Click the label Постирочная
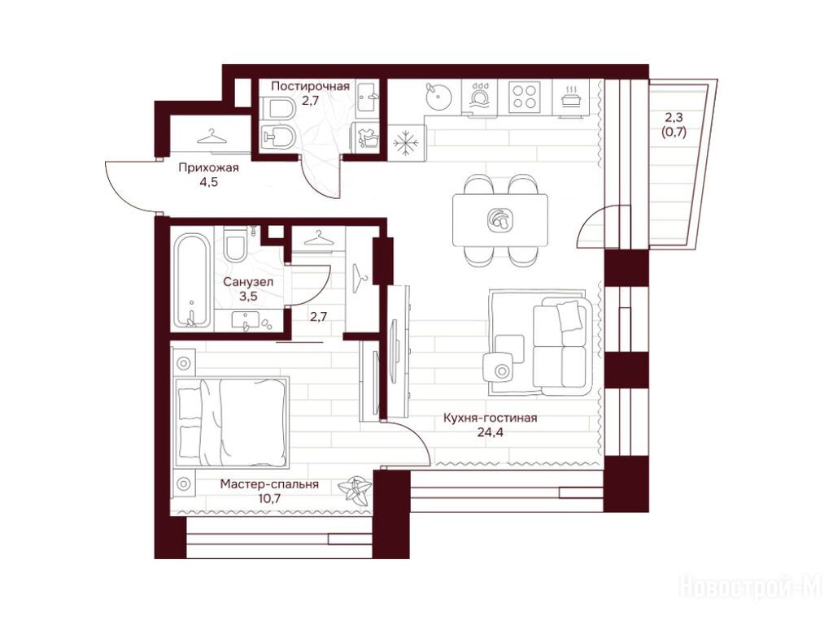310,86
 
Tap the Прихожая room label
208,167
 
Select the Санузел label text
248,282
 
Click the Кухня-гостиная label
491,418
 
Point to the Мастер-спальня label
269,484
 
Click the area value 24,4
490,432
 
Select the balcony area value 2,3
674,118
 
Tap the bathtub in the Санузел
191,281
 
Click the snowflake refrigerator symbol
407,142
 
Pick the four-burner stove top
524,97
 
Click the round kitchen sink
439,97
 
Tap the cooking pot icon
571,97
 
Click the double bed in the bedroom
232,422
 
